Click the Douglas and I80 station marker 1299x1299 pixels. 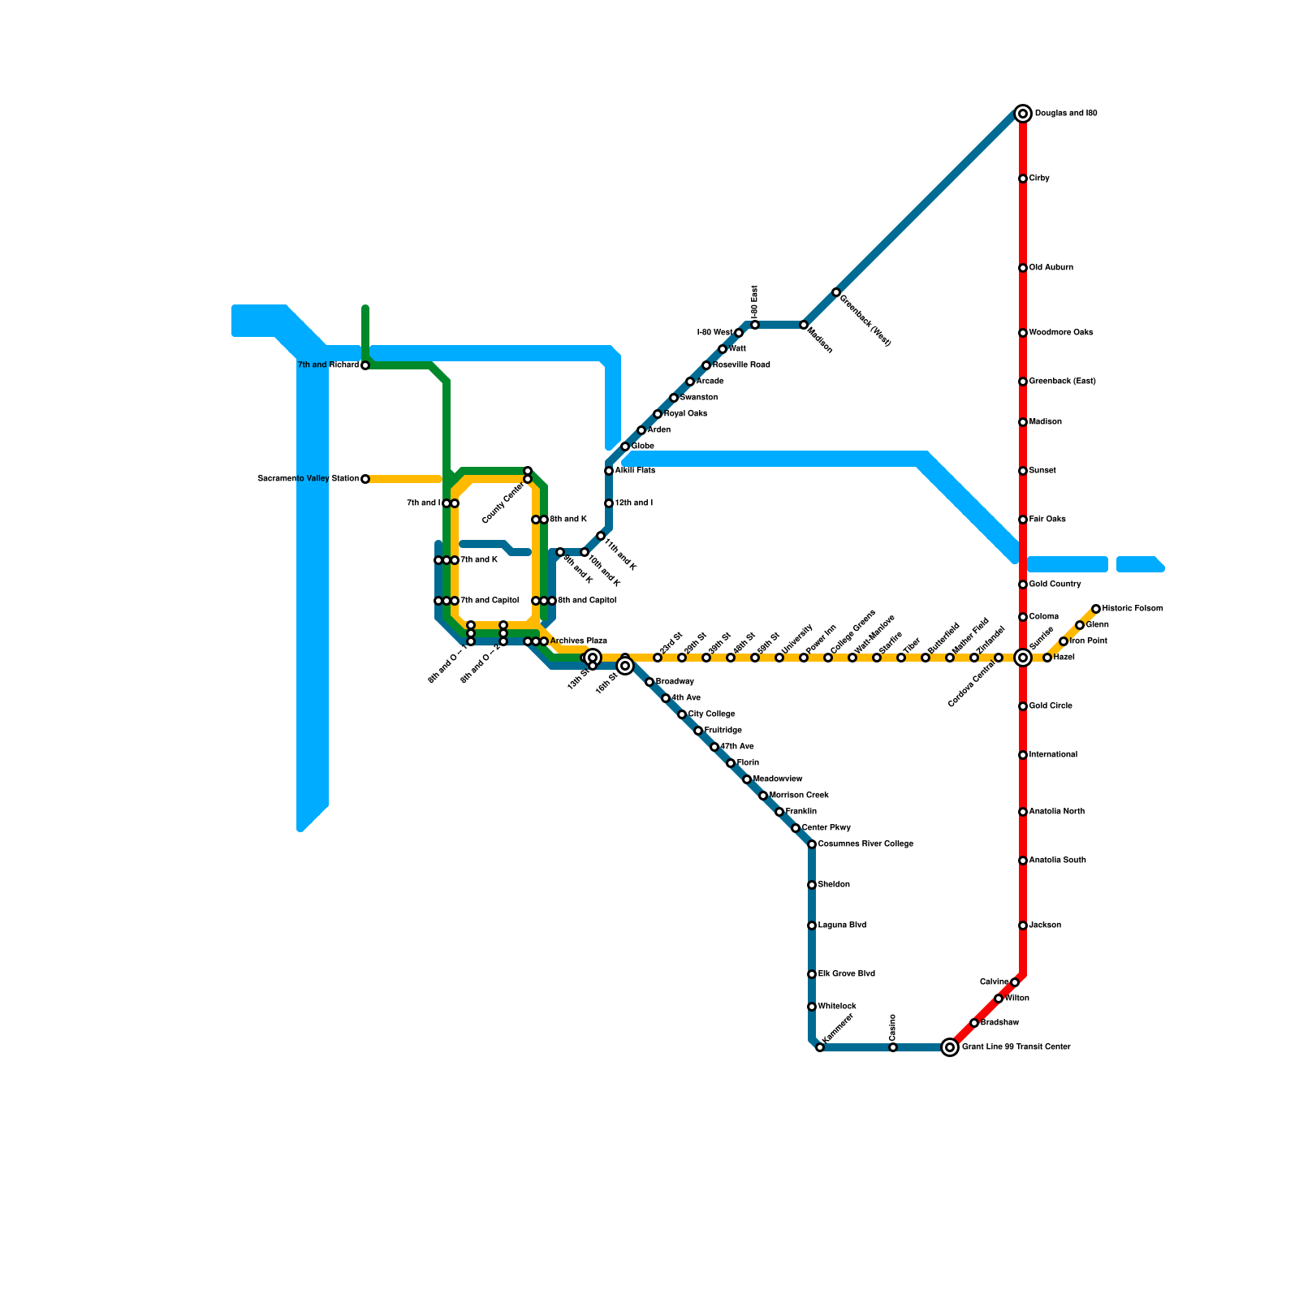1023,114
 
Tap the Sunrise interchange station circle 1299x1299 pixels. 1023,658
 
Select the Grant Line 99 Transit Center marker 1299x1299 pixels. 950,1047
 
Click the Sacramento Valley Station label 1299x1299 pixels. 308,479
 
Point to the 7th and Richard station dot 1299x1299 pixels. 365,365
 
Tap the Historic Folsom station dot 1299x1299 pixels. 1096,609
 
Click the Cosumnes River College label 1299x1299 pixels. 865,844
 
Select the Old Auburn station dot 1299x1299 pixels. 1023,268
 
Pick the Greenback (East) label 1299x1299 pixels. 1062,382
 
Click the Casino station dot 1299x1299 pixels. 893,1047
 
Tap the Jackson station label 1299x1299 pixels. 1045,926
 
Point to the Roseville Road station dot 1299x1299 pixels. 706,365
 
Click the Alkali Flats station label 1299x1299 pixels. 635,471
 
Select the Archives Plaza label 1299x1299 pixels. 579,641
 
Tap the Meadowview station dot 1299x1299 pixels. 747,779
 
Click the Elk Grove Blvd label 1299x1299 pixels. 847,974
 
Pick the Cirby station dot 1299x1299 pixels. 1023,179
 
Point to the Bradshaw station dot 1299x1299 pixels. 974,1023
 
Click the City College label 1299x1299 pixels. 712,714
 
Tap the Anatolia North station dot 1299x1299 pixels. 1023,812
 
